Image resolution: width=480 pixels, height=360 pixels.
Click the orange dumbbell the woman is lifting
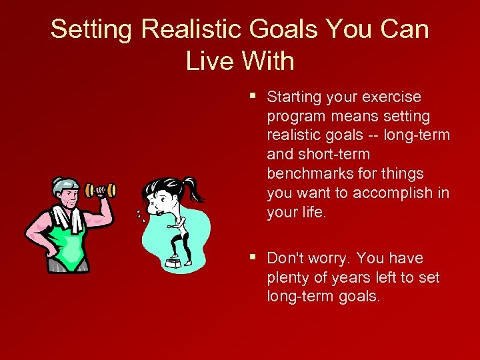(x=101, y=191)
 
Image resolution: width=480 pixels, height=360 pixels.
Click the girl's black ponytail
(x=193, y=189)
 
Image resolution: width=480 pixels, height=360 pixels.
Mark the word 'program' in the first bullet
(x=295, y=117)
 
